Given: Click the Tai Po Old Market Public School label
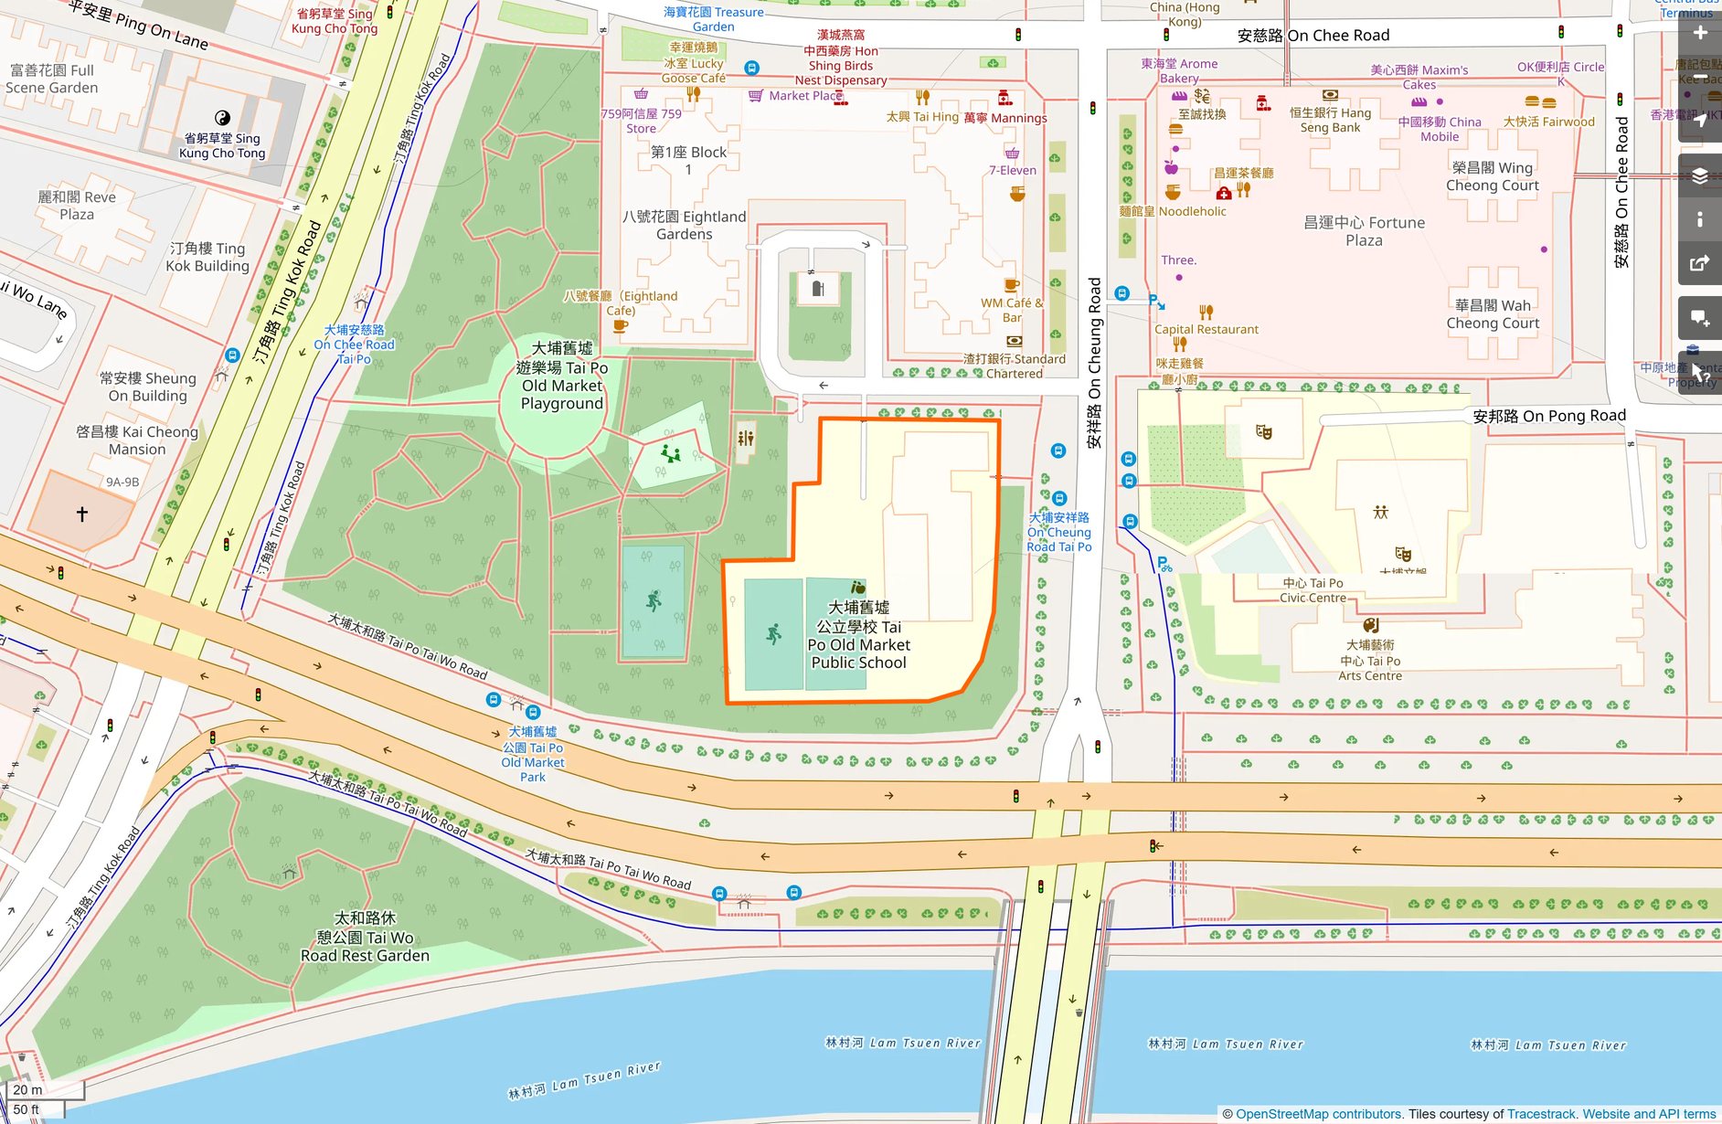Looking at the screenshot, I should pyautogui.click(x=858, y=635).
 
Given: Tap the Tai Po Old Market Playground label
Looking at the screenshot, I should pyautogui.click(x=562, y=376).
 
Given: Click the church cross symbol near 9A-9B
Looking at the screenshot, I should pyautogui.click(x=82, y=514).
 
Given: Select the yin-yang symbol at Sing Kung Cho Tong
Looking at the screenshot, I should pyautogui.click(x=222, y=118).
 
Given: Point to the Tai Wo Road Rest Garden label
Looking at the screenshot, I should pyautogui.click(x=365, y=937).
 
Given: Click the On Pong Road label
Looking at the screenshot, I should pyautogui.click(x=1549, y=416).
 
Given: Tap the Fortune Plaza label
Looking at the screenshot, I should pyautogui.click(x=1364, y=231).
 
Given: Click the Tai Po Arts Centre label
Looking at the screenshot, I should pyautogui.click(x=1369, y=661).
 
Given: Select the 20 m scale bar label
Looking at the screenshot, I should pyautogui.click(x=27, y=1089).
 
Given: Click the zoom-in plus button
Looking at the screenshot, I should pyautogui.click(x=1699, y=34).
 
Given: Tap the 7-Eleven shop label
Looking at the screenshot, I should pyautogui.click(x=1012, y=170).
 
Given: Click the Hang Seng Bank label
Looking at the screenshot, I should pyautogui.click(x=1330, y=120).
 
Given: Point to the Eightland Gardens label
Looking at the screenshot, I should pyautogui.click(x=684, y=225).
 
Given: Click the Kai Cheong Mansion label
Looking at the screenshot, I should pyautogui.click(x=137, y=440).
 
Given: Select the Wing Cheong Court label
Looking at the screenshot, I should pyautogui.click(x=1492, y=176).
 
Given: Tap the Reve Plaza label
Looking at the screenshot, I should pyautogui.click(x=77, y=206).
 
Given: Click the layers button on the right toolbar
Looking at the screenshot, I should pyautogui.click(x=1699, y=176).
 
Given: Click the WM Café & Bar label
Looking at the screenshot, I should pyautogui.click(x=1011, y=310).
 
